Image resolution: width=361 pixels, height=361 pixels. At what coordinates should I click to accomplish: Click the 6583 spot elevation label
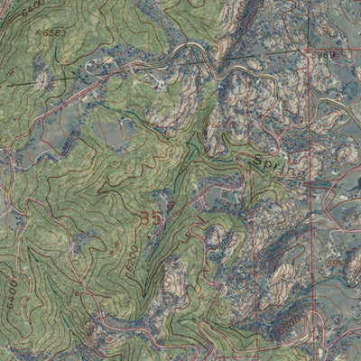pyautogui.click(x=55, y=33)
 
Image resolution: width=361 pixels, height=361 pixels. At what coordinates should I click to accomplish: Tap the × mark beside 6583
pyautogui.click(x=35, y=31)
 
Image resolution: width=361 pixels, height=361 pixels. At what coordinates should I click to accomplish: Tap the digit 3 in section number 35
pyautogui.click(x=145, y=218)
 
